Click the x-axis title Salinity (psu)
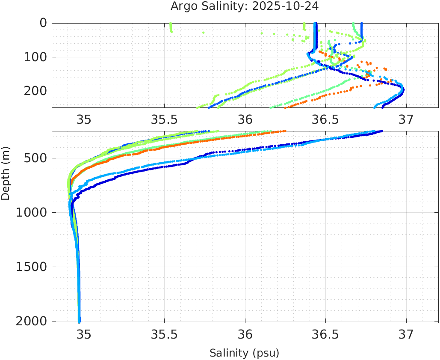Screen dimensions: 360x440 [244, 353]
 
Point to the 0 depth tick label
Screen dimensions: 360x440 [43, 23]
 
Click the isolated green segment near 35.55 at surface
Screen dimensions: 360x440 [171, 28]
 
